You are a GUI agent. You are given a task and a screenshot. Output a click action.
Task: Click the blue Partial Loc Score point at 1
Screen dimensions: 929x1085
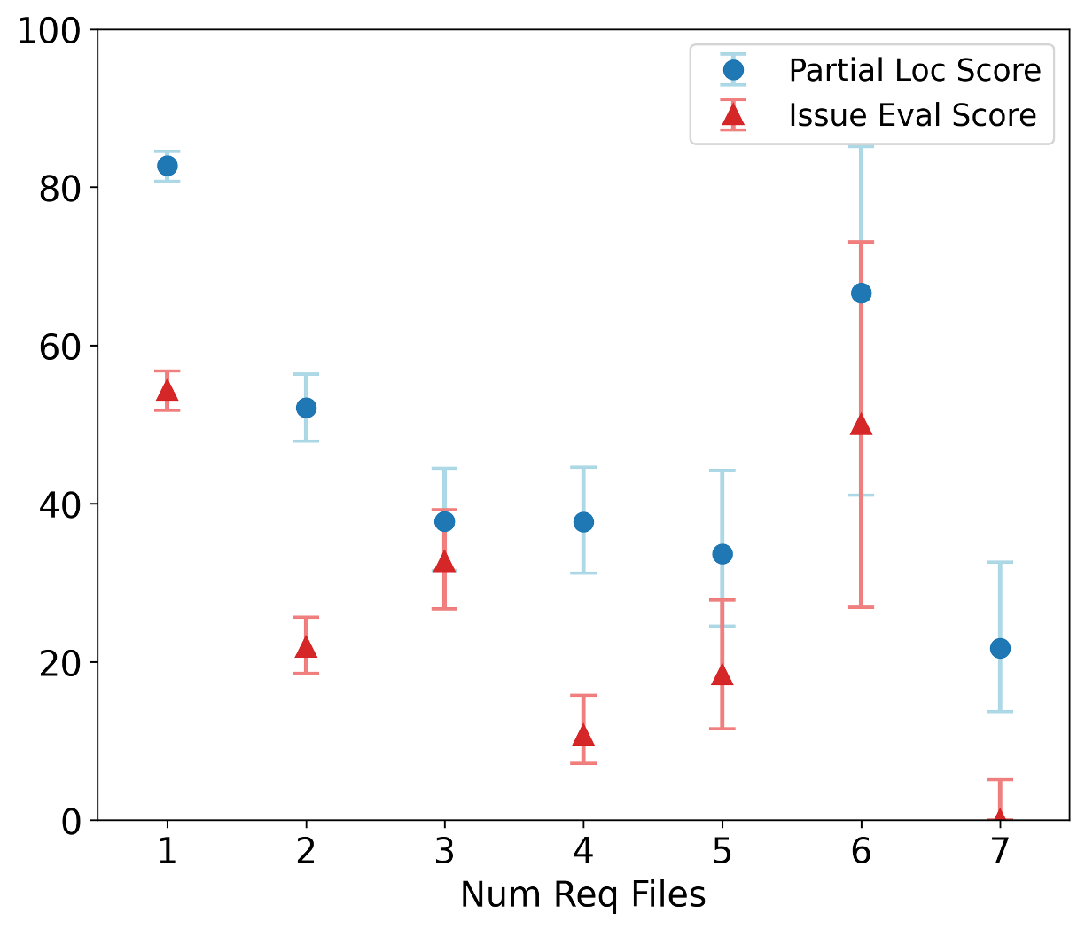point(167,166)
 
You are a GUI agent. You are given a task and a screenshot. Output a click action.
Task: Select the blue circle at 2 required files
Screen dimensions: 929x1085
point(306,408)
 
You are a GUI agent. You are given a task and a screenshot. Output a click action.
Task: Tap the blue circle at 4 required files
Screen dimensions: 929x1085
point(583,522)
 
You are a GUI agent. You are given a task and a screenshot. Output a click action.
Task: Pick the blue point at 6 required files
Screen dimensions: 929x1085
point(861,293)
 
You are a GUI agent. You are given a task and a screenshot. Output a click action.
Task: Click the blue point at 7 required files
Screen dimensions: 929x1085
point(1000,648)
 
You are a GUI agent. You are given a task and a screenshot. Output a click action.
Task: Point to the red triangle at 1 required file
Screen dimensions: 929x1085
point(167,391)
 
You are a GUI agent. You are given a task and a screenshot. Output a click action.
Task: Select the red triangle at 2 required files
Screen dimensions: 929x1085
point(306,647)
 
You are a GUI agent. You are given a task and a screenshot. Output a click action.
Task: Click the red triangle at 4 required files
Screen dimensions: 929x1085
point(583,735)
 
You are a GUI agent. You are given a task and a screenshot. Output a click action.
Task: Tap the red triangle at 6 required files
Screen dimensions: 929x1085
point(861,425)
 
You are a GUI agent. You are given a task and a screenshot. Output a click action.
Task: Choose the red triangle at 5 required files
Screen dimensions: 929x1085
point(722,675)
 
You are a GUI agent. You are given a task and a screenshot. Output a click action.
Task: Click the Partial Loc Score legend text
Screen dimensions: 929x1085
point(914,70)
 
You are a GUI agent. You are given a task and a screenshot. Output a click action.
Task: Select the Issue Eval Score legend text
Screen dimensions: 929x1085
point(912,115)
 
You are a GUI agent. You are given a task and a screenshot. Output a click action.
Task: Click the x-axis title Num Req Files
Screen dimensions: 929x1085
point(582,895)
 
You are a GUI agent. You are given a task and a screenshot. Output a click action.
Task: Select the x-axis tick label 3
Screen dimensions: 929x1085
point(445,852)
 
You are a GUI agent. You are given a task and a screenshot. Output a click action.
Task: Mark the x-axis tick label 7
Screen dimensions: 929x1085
point(1000,852)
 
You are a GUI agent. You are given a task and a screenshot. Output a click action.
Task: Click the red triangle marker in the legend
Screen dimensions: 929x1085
point(732,115)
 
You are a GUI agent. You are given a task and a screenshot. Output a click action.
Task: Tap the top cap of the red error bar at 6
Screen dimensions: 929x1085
point(861,242)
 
